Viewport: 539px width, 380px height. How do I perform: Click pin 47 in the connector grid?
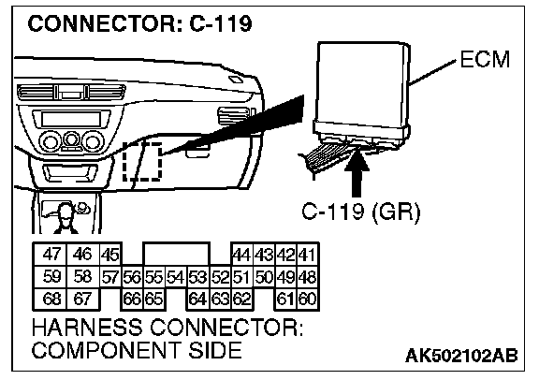coord(51,255)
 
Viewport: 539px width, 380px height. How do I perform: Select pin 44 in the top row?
coord(242,255)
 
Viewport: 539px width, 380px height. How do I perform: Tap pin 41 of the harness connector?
coord(308,255)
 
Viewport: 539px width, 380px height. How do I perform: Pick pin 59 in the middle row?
coord(51,276)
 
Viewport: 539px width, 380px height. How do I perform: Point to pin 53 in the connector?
coord(198,277)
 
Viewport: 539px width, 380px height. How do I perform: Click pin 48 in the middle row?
coord(308,277)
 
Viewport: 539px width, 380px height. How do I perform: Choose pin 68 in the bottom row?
coord(51,299)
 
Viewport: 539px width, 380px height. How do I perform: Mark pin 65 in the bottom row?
coord(154,300)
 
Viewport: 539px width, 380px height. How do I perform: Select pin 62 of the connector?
coord(242,300)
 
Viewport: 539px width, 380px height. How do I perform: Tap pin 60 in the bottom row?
coord(308,300)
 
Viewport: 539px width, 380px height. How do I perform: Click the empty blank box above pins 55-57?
coord(176,255)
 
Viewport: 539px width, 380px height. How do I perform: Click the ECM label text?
coord(485,59)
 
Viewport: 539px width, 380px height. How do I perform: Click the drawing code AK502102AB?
coord(461,356)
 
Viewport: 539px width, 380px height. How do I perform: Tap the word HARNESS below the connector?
coord(87,327)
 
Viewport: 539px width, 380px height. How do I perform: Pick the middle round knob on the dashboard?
coord(72,139)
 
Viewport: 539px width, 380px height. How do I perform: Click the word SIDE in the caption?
coord(214,350)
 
